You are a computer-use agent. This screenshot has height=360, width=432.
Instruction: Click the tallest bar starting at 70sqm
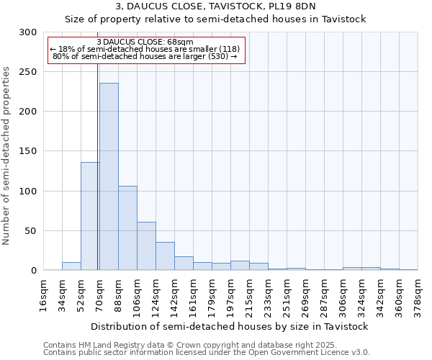109,176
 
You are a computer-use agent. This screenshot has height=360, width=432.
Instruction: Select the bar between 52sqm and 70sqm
90,216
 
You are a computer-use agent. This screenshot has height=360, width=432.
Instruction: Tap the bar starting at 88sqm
127,228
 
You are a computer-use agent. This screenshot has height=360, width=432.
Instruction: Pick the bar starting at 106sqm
146,246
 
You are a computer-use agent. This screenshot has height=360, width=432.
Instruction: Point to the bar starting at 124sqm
165,256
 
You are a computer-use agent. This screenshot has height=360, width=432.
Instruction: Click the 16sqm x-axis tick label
43,296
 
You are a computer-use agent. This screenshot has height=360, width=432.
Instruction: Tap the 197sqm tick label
230,296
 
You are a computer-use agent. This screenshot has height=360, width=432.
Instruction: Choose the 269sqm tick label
305,296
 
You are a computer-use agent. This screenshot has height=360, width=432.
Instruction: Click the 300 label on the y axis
28,32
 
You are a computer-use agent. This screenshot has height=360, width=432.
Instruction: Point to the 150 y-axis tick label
28,151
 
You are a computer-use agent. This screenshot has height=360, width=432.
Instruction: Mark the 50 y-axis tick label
31,231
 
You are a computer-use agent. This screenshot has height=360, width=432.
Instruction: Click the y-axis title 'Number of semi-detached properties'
7,156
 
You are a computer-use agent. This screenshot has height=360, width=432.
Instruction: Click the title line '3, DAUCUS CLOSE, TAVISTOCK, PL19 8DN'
215,7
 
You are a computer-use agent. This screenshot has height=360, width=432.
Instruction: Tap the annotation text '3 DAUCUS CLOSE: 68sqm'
144,42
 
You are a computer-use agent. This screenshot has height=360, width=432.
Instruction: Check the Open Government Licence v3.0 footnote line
207,352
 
